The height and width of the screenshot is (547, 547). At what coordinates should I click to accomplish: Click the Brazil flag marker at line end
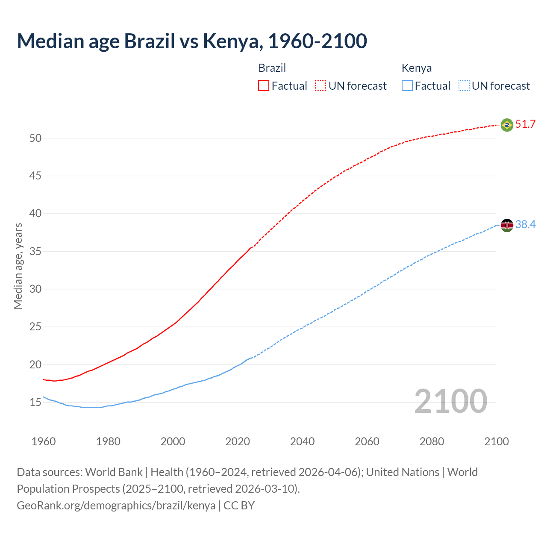[x=507, y=125]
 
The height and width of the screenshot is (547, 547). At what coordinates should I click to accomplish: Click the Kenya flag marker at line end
[x=507, y=225]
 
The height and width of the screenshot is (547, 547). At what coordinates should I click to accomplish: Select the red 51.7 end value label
[x=525, y=124]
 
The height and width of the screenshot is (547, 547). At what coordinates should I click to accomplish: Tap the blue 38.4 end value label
[x=525, y=225]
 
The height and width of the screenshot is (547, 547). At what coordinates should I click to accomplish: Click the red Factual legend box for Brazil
[x=264, y=85]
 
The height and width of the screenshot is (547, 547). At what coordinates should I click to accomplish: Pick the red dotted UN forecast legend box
[x=321, y=85]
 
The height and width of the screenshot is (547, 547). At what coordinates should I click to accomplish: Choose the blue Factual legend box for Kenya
[x=407, y=85]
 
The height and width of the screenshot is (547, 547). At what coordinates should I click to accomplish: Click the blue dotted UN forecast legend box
[x=464, y=85]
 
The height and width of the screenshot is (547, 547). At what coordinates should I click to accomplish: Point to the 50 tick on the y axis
[x=35, y=138]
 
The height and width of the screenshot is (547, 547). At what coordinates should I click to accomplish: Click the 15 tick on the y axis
[x=35, y=403]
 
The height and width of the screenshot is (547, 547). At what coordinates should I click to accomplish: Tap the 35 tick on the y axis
[x=35, y=251]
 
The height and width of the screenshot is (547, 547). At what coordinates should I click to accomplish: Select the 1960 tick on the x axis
[x=44, y=441]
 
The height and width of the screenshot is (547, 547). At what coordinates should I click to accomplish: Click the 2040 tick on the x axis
[x=302, y=441]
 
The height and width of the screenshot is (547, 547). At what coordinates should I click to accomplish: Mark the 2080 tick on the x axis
[x=432, y=441]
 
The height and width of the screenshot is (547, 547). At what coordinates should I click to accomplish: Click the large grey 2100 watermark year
[x=450, y=401]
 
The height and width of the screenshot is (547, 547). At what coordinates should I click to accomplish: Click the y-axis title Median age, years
[x=18, y=266]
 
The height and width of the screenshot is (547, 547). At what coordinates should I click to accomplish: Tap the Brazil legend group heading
[x=272, y=68]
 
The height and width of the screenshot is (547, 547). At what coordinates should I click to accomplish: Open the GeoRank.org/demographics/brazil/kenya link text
[x=116, y=506]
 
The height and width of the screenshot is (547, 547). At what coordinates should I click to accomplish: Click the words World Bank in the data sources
[x=114, y=472]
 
